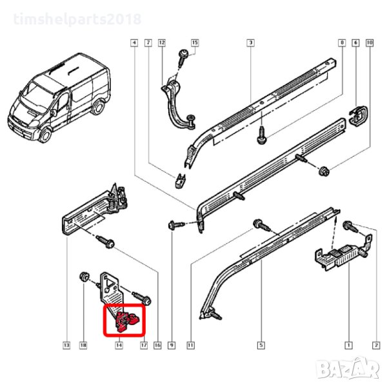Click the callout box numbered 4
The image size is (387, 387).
click(134, 43)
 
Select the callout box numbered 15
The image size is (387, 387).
click(195, 43)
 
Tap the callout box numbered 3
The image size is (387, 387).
click(250, 43)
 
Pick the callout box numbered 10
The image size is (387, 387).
click(369, 43)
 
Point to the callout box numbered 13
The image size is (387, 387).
click(66, 345)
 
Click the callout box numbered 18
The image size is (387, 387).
click(83, 345)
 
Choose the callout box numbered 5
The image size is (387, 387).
click(261, 345)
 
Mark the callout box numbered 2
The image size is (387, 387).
click(376, 345)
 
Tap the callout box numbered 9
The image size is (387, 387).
click(172, 345)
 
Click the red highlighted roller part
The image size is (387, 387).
click(127, 321)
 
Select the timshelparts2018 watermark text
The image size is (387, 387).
click(77, 19)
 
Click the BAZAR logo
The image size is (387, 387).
click(348, 368)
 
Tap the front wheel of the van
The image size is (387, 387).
click(45, 135)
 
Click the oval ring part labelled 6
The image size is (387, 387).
click(359, 115)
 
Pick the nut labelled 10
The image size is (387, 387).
click(324, 171)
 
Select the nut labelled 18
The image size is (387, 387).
click(84, 276)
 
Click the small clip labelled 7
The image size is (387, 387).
click(181, 181)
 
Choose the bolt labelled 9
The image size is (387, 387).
click(176, 225)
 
